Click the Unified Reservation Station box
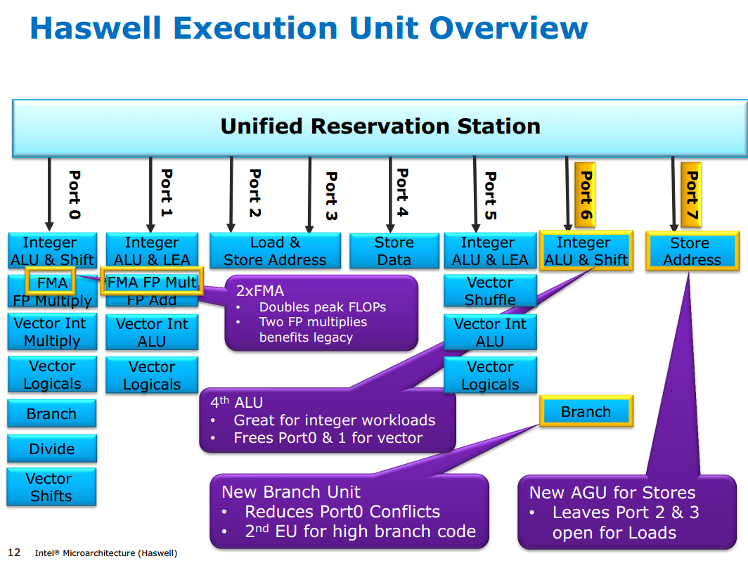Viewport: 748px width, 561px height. click(380, 127)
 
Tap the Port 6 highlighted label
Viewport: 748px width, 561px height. click(585, 195)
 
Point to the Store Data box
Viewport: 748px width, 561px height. click(394, 251)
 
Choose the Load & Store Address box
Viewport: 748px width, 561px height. click(275, 251)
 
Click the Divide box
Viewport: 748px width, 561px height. click(52, 449)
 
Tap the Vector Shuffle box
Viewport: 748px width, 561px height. click(490, 291)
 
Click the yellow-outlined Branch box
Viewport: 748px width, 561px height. click(586, 412)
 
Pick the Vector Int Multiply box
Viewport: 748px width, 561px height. click(52, 333)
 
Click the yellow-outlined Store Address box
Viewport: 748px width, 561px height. click(692, 252)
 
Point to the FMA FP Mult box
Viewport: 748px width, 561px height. click(152, 283)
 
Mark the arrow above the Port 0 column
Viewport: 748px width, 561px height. click(49, 193)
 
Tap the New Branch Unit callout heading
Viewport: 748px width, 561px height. click(291, 492)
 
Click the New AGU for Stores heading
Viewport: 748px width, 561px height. click(612, 493)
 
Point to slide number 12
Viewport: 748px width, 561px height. click(14, 553)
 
